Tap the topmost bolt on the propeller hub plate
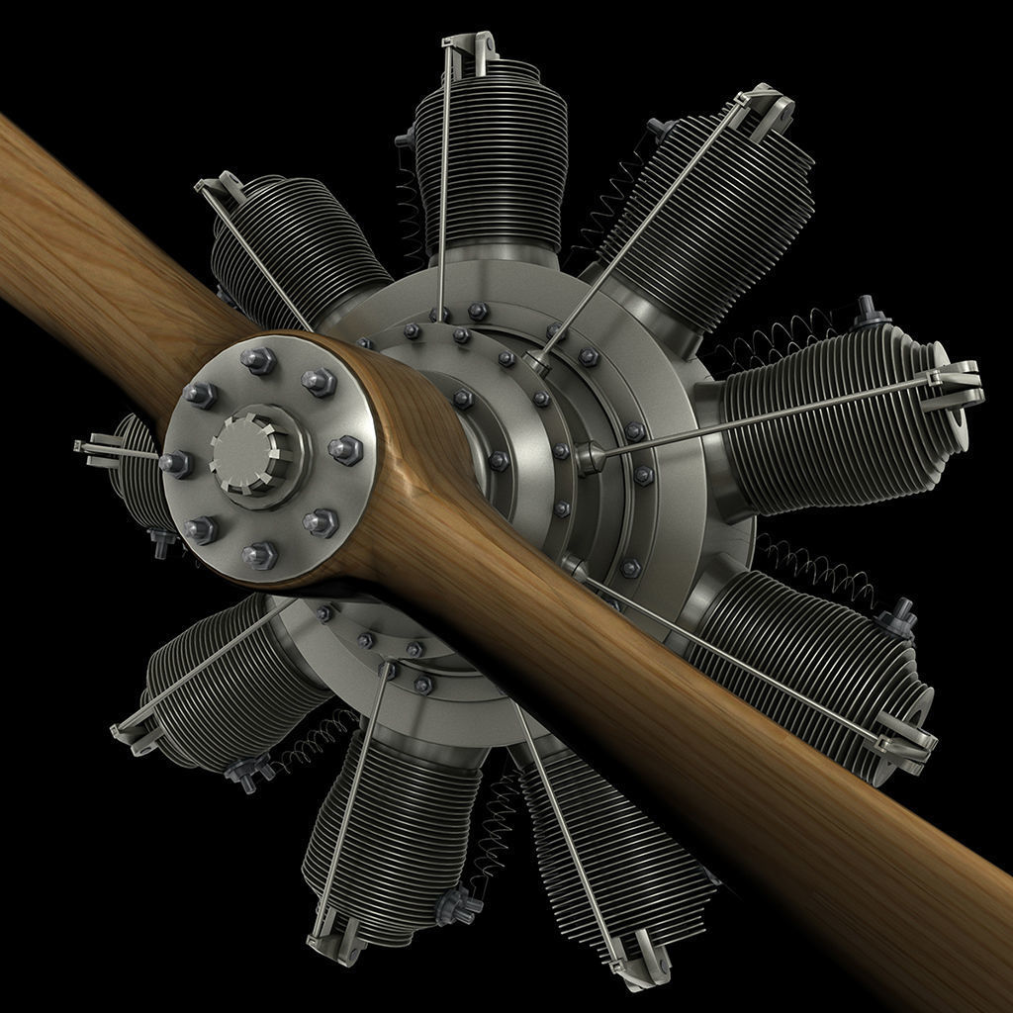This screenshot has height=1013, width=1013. (259, 360)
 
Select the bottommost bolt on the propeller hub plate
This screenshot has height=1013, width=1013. (261, 555)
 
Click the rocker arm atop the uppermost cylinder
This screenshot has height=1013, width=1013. (468, 48)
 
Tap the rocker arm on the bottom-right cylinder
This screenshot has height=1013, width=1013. (637, 959)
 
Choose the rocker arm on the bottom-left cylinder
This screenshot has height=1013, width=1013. (334, 936)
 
